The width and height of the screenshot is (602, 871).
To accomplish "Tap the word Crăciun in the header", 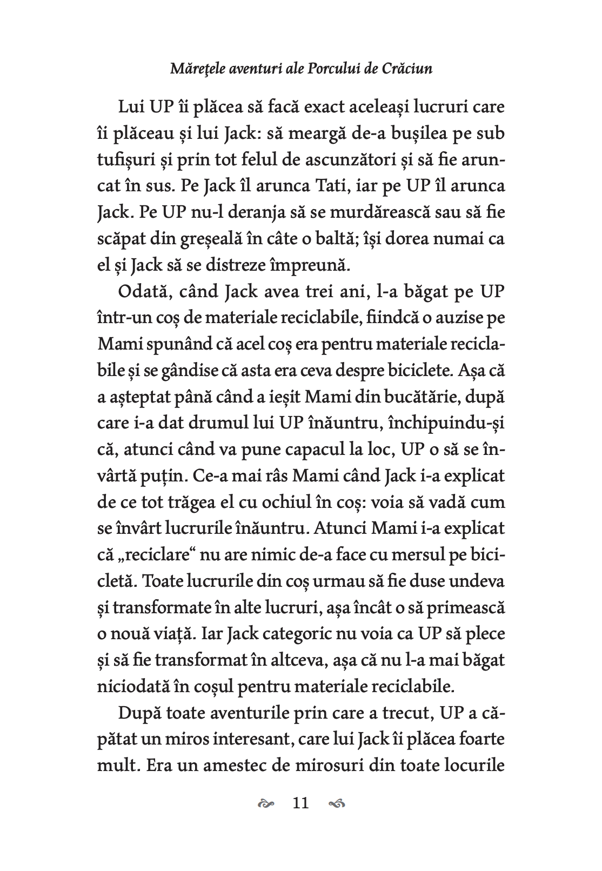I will pyautogui.click(x=407, y=69).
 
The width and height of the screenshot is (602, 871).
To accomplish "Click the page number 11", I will pyautogui.click(x=300, y=803).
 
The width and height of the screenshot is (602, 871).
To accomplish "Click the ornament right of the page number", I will pyautogui.click(x=337, y=804).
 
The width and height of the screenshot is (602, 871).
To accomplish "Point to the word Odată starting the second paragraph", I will pyautogui.click(x=143, y=292).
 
